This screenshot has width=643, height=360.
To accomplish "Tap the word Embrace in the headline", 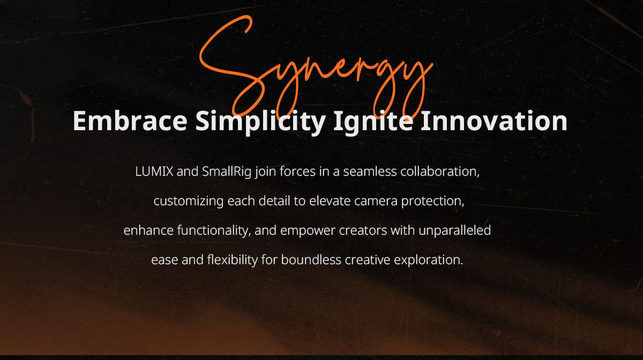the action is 130,121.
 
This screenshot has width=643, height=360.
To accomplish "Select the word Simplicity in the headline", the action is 260,123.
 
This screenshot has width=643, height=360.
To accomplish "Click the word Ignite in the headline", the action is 373,123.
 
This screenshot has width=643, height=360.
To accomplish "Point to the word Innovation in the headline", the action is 494,121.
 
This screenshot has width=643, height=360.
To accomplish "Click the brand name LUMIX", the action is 154,171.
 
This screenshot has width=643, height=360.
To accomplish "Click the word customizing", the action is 188,201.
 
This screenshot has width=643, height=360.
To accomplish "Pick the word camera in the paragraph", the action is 376,201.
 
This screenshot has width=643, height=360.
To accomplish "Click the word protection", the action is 432,201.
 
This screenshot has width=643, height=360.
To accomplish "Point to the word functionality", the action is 214,231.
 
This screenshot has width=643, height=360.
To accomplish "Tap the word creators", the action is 363,231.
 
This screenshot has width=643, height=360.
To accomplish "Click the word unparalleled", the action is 455,231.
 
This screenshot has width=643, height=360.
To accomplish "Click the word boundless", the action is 311,260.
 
